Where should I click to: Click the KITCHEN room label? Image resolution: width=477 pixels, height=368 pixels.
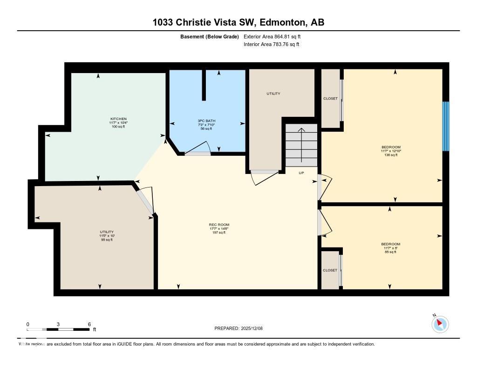(x=118, y=119)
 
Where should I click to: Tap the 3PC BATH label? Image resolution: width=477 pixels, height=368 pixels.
(x=206, y=121)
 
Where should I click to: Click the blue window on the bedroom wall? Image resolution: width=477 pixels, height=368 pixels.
(x=445, y=126)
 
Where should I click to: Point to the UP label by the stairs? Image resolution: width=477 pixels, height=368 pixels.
(x=301, y=173)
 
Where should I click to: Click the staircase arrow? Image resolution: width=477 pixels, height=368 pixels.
(x=301, y=144)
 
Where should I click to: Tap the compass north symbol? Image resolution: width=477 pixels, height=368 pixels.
(x=440, y=324)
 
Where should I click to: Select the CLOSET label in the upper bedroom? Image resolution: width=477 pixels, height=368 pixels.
(x=330, y=99)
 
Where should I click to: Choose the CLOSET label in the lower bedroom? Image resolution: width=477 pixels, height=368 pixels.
(x=330, y=270)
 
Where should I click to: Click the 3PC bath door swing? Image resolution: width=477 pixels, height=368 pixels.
(x=198, y=148)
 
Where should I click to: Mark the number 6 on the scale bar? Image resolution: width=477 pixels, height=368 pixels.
(x=89, y=324)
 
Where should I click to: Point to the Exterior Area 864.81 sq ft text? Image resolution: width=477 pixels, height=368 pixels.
(x=275, y=36)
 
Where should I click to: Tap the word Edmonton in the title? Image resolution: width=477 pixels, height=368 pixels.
(x=281, y=22)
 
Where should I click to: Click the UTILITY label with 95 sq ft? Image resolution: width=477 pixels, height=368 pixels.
(x=106, y=232)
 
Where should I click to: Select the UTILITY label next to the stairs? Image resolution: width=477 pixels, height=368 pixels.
(x=273, y=94)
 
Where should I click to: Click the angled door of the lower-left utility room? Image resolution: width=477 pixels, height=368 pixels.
(x=146, y=201)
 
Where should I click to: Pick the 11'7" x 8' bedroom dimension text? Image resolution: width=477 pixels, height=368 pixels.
(x=390, y=248)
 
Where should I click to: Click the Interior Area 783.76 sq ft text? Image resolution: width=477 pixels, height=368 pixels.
(x=271, y=45)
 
